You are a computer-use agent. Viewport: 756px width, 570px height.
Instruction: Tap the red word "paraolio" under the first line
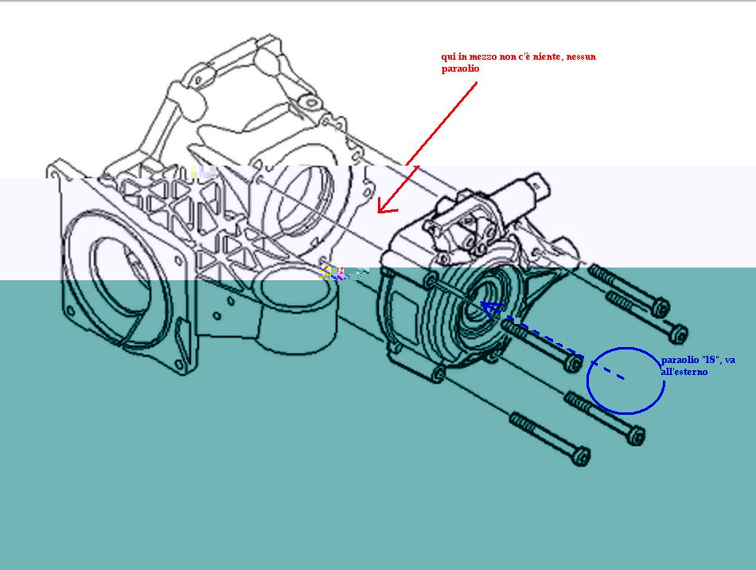[x=460, y=68]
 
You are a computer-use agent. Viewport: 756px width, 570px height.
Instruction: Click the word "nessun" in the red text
[x=581, y=57]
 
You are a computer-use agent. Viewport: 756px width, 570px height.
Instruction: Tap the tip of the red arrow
[x=378, y=212]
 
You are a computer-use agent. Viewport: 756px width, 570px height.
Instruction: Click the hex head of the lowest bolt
[x=582, y=455]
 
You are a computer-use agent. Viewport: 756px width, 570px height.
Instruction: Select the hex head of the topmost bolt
[x=661, y=306]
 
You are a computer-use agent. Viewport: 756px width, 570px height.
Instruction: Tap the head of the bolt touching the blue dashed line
[x=573, y=363]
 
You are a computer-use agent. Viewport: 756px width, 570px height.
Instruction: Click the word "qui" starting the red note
[x=448, y=57]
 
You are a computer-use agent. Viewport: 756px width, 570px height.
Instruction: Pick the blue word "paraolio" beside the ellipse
[x=680, y=360]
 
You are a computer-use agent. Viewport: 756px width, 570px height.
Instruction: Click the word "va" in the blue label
[x=730, y=360]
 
